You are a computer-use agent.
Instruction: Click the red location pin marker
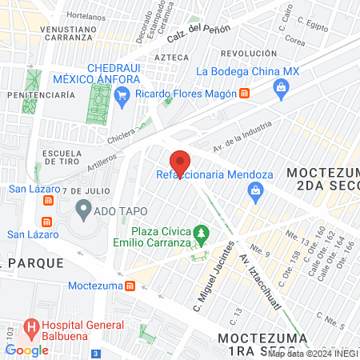(x=180, y=162)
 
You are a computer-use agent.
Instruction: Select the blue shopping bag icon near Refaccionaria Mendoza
(x=254, y=190)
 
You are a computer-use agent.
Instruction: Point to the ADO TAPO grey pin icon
(x=82, y=210)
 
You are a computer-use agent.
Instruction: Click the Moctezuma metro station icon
(x=129, y=285)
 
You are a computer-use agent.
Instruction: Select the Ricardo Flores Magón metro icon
(x=245, y=94)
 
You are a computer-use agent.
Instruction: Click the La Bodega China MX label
(x=246, y=70)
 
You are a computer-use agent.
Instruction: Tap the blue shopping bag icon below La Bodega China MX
(x=281, y=87)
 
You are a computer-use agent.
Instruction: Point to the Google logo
(x=26, y=350)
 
